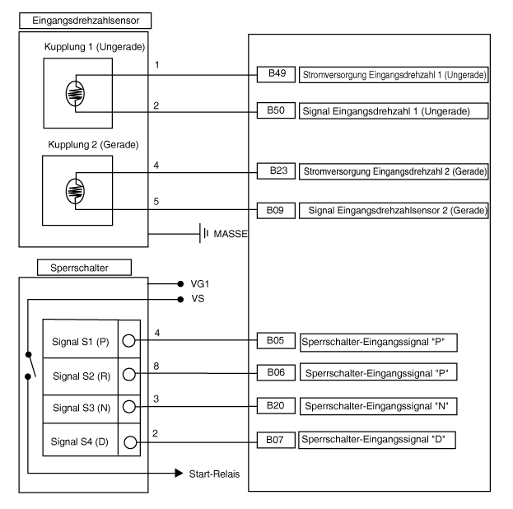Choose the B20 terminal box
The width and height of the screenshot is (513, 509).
[x=275, y=406]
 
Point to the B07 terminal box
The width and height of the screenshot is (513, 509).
[x=275, y=441]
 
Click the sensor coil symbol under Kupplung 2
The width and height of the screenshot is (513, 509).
[x=75, y=191]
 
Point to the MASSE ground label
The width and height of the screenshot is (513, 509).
[x=231, y=234]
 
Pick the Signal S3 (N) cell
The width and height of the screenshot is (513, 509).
[x=80, y=407]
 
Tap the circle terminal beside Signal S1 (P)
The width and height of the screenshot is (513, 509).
[x=129, y=339]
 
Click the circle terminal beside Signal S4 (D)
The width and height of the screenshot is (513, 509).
[x=129, y=441]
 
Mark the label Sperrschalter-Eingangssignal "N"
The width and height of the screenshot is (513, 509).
[x=380, y=407]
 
